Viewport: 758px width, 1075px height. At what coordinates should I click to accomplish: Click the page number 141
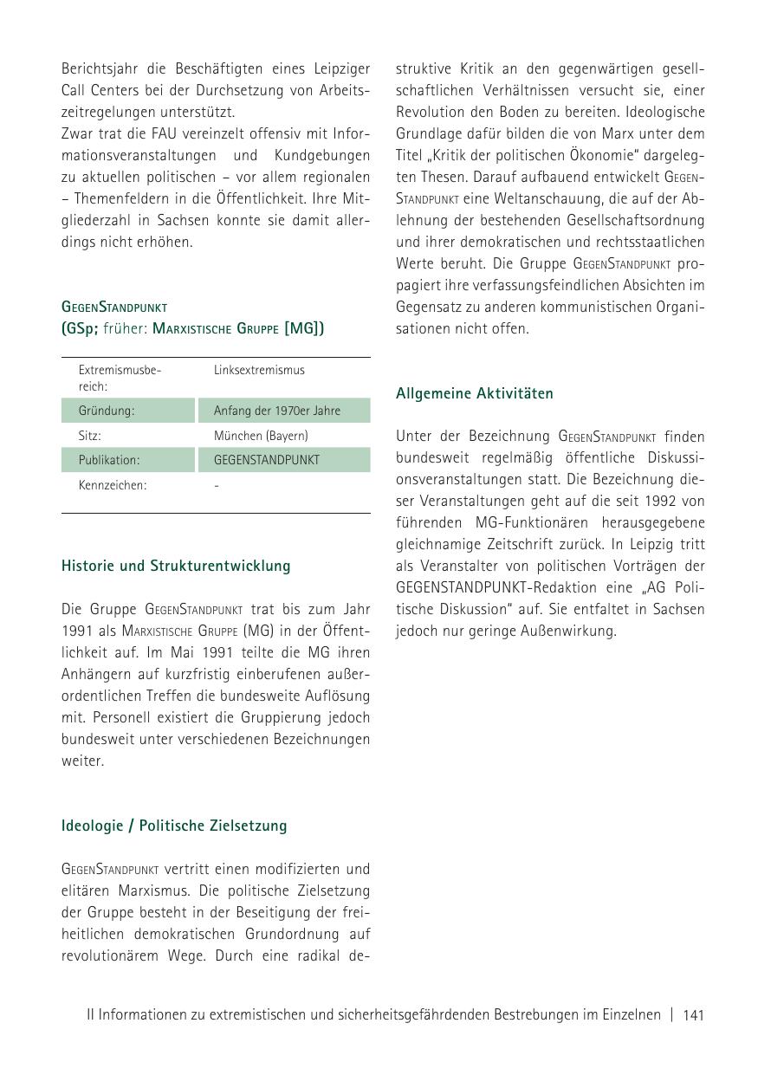click(x=693, y=1014)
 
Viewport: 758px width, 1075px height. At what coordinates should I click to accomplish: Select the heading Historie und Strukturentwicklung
click(x=176, y=566)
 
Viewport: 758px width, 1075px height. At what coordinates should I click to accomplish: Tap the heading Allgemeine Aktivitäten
click(x=474, y=393)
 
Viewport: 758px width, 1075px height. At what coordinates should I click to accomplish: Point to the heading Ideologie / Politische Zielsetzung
click(x=174, y=826)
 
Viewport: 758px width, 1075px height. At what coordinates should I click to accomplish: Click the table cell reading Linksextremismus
click(x=259, y=370)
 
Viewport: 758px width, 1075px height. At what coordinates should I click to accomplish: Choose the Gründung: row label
click(x=107, y=411)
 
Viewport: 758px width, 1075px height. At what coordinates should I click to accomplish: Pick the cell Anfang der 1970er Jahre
click(x=277, y=411)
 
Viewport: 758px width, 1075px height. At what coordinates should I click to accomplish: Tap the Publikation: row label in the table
click(x=109, y=460)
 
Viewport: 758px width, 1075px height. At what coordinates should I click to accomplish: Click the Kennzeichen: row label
click(x=113, y=485)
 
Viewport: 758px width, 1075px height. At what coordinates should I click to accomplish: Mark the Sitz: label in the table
click(x=90, y=436)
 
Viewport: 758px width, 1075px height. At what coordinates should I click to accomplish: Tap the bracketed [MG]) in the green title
click(x=304, y=328)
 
